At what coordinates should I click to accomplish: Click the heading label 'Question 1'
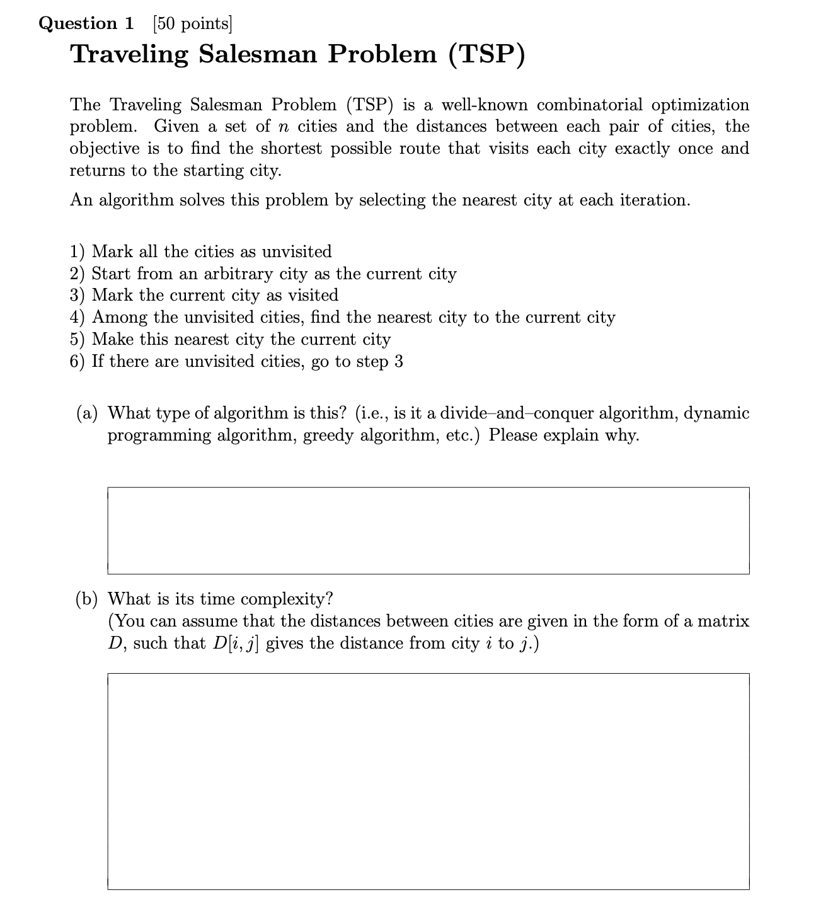click(x=86, y=23)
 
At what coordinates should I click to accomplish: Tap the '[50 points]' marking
click(x=192, y=23)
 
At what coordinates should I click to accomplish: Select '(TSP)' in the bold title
click(x=486, y=54)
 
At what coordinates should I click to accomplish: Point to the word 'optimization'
click(x=700, y=105)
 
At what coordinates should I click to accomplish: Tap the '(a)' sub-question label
click(x=88, y=414)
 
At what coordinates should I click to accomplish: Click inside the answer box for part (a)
click(x=428, y=530)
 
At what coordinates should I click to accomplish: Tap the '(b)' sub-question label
click(x=88, y=599)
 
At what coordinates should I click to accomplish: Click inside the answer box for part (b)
click(x=428, y=781)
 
